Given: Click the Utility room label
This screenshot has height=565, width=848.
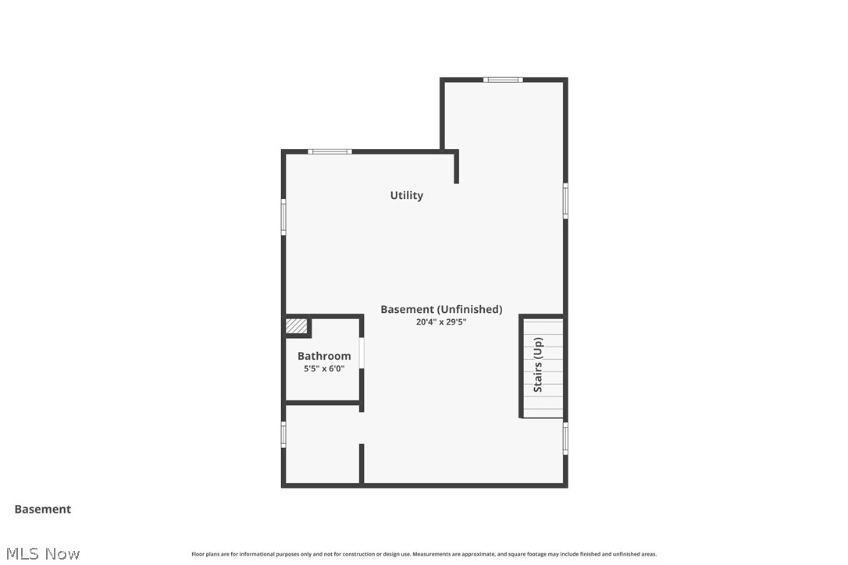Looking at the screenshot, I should pos(407,195).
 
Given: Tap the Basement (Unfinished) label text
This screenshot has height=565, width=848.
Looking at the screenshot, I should pos(441,309).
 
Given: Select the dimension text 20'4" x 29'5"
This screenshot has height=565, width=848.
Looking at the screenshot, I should pos(441,322).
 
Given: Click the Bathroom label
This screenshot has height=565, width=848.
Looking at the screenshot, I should pos(324,356).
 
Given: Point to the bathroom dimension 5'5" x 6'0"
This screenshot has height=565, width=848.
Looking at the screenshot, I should pos(324,368).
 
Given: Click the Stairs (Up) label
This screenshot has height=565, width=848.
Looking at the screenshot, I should pos(538,364).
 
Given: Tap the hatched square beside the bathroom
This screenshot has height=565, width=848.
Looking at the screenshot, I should pos(297,325).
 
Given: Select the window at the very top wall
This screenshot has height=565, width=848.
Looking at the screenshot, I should pos(503,80).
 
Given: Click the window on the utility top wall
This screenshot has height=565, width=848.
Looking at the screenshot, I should pos(330,151).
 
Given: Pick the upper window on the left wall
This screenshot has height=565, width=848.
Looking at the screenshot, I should pos(283,217).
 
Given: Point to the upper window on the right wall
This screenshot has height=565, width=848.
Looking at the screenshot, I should pos(565,201).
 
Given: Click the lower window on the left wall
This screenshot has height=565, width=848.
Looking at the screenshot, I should pos(283,435).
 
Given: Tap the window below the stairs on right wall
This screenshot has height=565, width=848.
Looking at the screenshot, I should pos(565,438).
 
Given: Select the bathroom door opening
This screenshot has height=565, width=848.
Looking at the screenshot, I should pos(362,353).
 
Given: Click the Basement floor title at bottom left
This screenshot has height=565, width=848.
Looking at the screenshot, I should pos(43,509).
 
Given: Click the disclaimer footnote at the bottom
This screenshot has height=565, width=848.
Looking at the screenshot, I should pos(424,554).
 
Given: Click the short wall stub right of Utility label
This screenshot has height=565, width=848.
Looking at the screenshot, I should pos(457,167).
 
